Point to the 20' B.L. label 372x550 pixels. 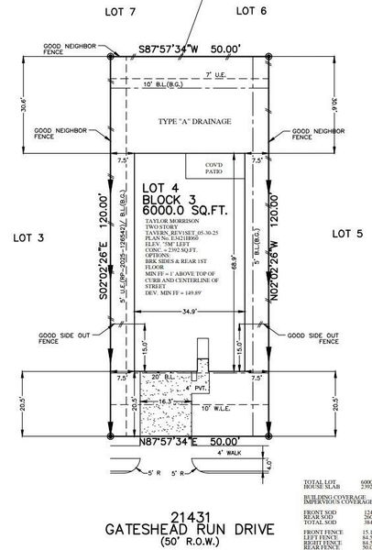pos(162,377)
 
